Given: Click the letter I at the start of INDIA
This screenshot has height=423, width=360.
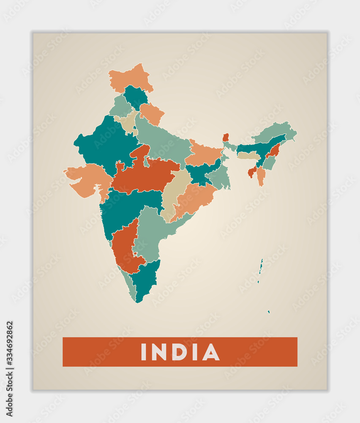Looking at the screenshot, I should click(143, 352).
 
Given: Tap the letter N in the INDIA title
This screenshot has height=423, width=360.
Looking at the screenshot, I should click(159, 352).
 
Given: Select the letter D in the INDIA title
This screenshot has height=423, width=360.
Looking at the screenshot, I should click(178, 352).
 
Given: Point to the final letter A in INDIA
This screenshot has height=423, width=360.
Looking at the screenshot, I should click(211, 352).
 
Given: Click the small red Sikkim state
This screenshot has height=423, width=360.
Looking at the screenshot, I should click(226, 137).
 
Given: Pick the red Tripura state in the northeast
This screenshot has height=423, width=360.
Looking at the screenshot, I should click(252, 172).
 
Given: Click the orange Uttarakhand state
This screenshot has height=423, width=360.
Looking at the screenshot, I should click(152, 113).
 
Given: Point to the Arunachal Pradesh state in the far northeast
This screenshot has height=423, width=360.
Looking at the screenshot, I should click(275, 131).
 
